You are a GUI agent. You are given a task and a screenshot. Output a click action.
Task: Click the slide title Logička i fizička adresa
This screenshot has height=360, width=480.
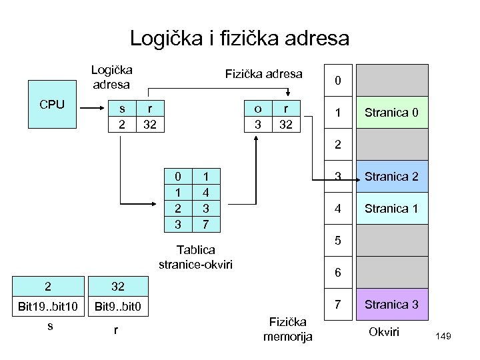pos(239,37)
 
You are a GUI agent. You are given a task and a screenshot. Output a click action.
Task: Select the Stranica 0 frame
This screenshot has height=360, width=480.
pos(391,112)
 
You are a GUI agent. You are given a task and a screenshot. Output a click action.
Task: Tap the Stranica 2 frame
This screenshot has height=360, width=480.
pos(391,177)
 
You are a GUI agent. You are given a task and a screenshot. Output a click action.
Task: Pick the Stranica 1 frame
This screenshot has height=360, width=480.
pos(391,208)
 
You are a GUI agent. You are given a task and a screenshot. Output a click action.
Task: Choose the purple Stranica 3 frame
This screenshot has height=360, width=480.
pos(391,304)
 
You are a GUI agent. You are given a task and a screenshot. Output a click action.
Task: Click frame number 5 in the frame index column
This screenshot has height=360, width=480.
pos(337,241)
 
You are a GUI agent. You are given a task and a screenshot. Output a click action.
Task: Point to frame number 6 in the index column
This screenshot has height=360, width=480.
pos(337,273)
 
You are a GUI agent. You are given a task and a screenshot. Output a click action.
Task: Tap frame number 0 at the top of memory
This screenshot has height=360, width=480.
pos(337,81)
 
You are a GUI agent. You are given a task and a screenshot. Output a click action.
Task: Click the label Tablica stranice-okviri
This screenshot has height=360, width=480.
pos(195,257)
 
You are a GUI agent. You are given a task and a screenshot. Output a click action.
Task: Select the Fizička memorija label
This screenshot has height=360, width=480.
pos(287,329)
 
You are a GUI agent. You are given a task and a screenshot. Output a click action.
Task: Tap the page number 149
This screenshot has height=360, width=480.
pos(443,337)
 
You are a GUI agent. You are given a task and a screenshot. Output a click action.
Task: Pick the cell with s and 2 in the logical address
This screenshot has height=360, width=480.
pos(121,116)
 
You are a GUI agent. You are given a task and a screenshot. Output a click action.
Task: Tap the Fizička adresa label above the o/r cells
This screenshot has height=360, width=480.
pos(264,73)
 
